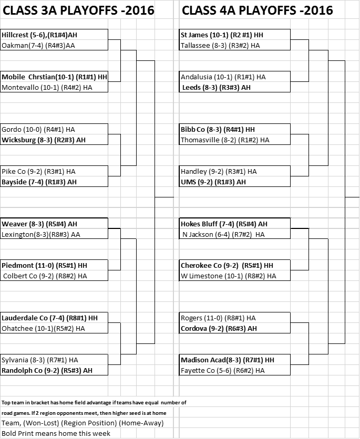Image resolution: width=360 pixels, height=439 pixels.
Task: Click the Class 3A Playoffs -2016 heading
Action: coord(78,11)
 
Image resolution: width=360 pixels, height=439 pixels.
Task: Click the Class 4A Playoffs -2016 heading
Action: coord(257,11)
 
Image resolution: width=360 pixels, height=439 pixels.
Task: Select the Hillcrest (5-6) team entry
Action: coord(39,35)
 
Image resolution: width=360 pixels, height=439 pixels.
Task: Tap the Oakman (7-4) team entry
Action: coord(38,45)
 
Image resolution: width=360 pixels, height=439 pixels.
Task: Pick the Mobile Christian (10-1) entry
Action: coord(54,77)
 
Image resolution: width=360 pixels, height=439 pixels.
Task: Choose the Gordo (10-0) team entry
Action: coord(38,129)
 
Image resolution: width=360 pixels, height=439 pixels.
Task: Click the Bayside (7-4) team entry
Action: coord(39,182)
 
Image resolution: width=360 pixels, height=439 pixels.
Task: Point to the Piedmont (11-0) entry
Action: coord(44,265)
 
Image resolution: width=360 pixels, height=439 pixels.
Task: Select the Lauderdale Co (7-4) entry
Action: coord(49,318)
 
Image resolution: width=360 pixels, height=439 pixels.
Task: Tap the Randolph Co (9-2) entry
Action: coord(47,370)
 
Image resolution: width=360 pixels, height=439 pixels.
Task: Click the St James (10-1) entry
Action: coord(222,35)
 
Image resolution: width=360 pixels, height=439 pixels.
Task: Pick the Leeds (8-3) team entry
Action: coord(217,87)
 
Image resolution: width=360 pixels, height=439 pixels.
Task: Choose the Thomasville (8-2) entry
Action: coord(225,140)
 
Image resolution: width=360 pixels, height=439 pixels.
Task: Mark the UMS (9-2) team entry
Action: coord(213,182)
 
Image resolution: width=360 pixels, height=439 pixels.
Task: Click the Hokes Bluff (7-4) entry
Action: coord(224,224)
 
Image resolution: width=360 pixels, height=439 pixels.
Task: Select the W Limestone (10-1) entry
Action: coord(228,276)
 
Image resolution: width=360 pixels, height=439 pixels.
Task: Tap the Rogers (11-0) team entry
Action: coord(218,318)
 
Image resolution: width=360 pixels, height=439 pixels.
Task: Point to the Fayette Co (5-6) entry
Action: coord(222,370)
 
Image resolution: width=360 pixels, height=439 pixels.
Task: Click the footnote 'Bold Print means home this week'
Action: coord(56,433)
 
